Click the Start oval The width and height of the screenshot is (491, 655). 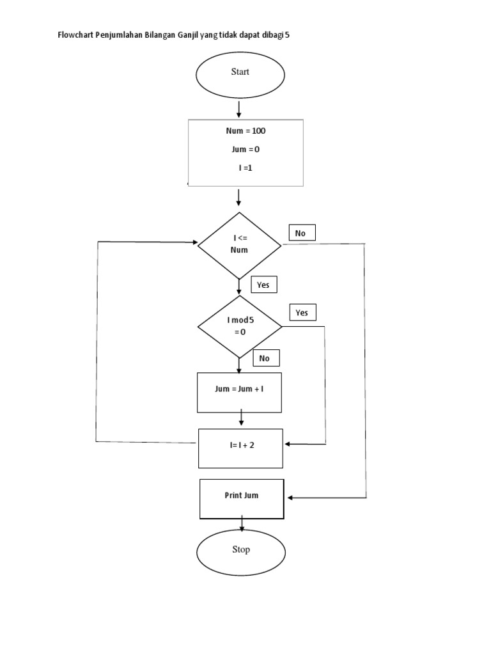click(x=240, y=75)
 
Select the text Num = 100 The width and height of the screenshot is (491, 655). click(x=245, y=131)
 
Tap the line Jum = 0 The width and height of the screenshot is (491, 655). click(x=245, y=150)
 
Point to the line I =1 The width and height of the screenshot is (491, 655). click(x=245, y=168)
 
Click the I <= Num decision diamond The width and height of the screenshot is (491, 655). click(x=239, y=245)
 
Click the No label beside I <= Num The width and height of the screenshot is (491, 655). click(x=302, y=233)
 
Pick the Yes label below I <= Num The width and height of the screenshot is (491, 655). click(x=263, y=285)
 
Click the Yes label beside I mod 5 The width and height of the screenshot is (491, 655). click(x=302, y=312)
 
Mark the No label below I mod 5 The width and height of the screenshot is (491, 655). click(x=265, y=358)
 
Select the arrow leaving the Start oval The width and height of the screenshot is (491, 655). click(x=238, y=109)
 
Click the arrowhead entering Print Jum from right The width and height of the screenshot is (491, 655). click(x=290, y=497)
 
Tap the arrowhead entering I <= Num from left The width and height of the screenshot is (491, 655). click(x=194, y=242)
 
